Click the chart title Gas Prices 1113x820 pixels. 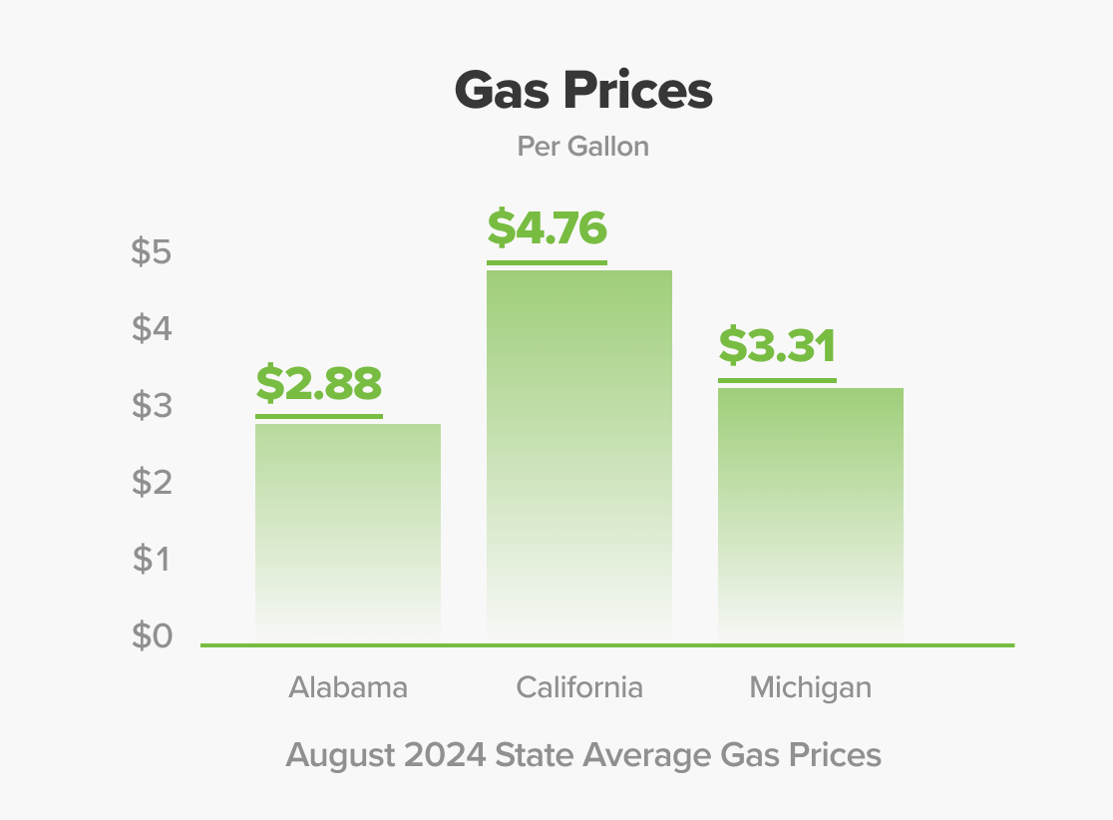pos(583,92)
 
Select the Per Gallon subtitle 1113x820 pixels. pos(583,147)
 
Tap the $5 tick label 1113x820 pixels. pos(152,253)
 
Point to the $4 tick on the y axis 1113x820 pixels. pos(152,329)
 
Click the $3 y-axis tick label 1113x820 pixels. pos(152,406)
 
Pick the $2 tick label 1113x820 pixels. pos(152,483)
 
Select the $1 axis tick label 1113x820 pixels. pos(152,560)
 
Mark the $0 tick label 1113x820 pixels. pos(152,635)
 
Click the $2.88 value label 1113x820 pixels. pos(319,384)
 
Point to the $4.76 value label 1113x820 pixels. pos(547,228)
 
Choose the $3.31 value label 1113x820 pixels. pos(777,346)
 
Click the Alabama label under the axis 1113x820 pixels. pos(348,687)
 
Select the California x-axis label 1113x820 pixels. pos(579,687)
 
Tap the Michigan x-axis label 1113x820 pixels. pos(811,687)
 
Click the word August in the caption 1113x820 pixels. pos(340,755)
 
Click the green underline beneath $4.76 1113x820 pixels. pos(547,262)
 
